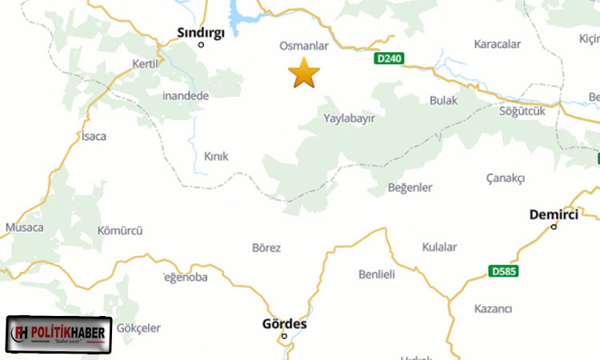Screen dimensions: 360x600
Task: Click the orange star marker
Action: click(304, 73)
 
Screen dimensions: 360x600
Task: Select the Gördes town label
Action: click(284, 324)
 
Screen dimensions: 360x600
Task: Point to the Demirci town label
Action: click(554, 214)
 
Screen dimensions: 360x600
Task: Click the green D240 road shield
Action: click(389, 58)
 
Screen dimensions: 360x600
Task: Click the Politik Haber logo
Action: click(60, 334)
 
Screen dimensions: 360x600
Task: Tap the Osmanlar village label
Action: click(303, 46)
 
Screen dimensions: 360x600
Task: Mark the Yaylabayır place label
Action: click(349, 118)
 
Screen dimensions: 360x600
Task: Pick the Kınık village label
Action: click(216, 157)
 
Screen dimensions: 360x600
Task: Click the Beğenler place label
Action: click(410, 187)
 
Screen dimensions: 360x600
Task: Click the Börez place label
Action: click(266, 248)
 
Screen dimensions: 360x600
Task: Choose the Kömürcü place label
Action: click(119, 231)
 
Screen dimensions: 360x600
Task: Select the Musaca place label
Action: click(24, 228)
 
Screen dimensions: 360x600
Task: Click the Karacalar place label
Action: click(498, 44)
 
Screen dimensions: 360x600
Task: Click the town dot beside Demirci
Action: click(554, 226)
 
